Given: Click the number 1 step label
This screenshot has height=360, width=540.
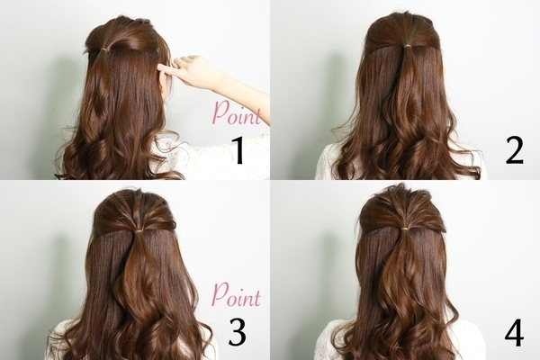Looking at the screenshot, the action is tap(238, 151).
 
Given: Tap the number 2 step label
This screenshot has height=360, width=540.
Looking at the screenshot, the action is tap(515, 150).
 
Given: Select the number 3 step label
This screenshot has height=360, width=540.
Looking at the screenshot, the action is tap(238, 332).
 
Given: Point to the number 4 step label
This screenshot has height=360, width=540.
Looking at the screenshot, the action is tap(515, 332).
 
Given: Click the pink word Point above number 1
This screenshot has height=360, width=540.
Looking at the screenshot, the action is tap(237, 113).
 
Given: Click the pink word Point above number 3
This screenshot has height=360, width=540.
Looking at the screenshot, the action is tap(236, 295).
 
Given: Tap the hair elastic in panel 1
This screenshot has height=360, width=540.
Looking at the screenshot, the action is tap(104, 50).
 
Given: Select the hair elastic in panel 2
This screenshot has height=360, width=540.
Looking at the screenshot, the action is tap(408, 46).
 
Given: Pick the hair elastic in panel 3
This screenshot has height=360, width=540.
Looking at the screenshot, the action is tap(139, 229).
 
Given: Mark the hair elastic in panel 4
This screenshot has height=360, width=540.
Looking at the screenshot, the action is tap(407, 228).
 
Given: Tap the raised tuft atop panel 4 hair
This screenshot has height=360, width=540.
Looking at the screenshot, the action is tap(399, 191).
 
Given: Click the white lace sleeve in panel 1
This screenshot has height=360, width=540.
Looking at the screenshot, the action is tap(213, 157).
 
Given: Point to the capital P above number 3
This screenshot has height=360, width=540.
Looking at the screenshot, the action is tap(220, 295).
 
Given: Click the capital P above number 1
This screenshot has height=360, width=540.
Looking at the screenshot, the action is tap(220, 113).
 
